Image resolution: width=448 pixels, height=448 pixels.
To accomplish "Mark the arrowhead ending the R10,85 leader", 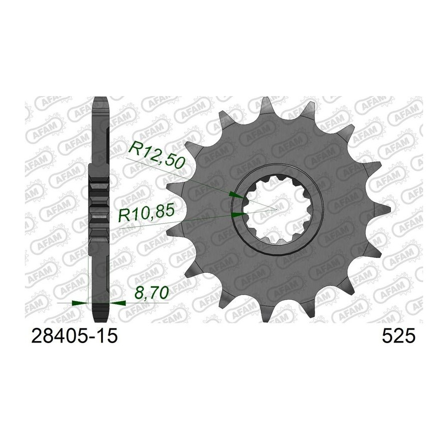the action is click(238, 215).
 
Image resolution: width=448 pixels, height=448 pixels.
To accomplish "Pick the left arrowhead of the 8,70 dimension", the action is click(80, 303).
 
